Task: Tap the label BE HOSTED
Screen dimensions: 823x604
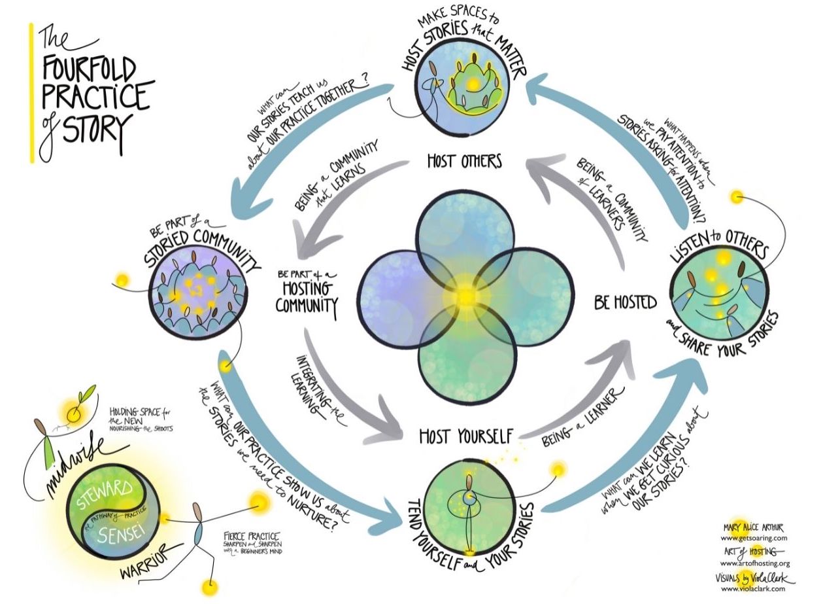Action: tap(625, 302)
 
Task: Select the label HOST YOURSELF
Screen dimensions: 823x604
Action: tap(465, 435)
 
